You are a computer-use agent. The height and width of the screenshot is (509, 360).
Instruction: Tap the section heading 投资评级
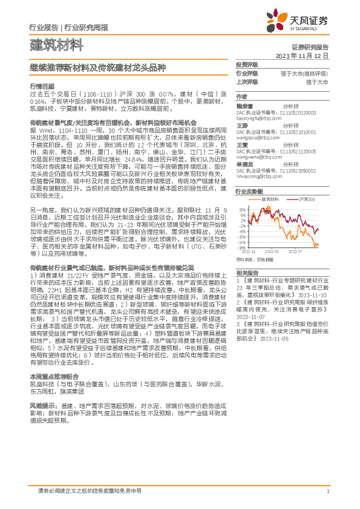(247, 64)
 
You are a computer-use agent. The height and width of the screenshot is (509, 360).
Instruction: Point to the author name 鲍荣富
(244, 105)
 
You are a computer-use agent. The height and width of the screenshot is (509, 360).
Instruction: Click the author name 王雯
(242, 144)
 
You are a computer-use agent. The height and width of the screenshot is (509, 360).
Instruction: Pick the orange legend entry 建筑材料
(253, 199)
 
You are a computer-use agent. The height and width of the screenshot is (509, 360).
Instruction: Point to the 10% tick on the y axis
(242, 210)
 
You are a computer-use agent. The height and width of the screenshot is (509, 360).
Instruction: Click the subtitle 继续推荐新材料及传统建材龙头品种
(99, 68)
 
